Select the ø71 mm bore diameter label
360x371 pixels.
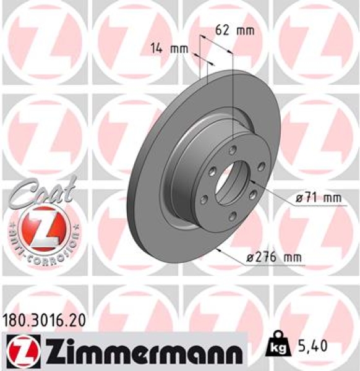pos(319,197)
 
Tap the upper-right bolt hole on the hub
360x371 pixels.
pos(261,165)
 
